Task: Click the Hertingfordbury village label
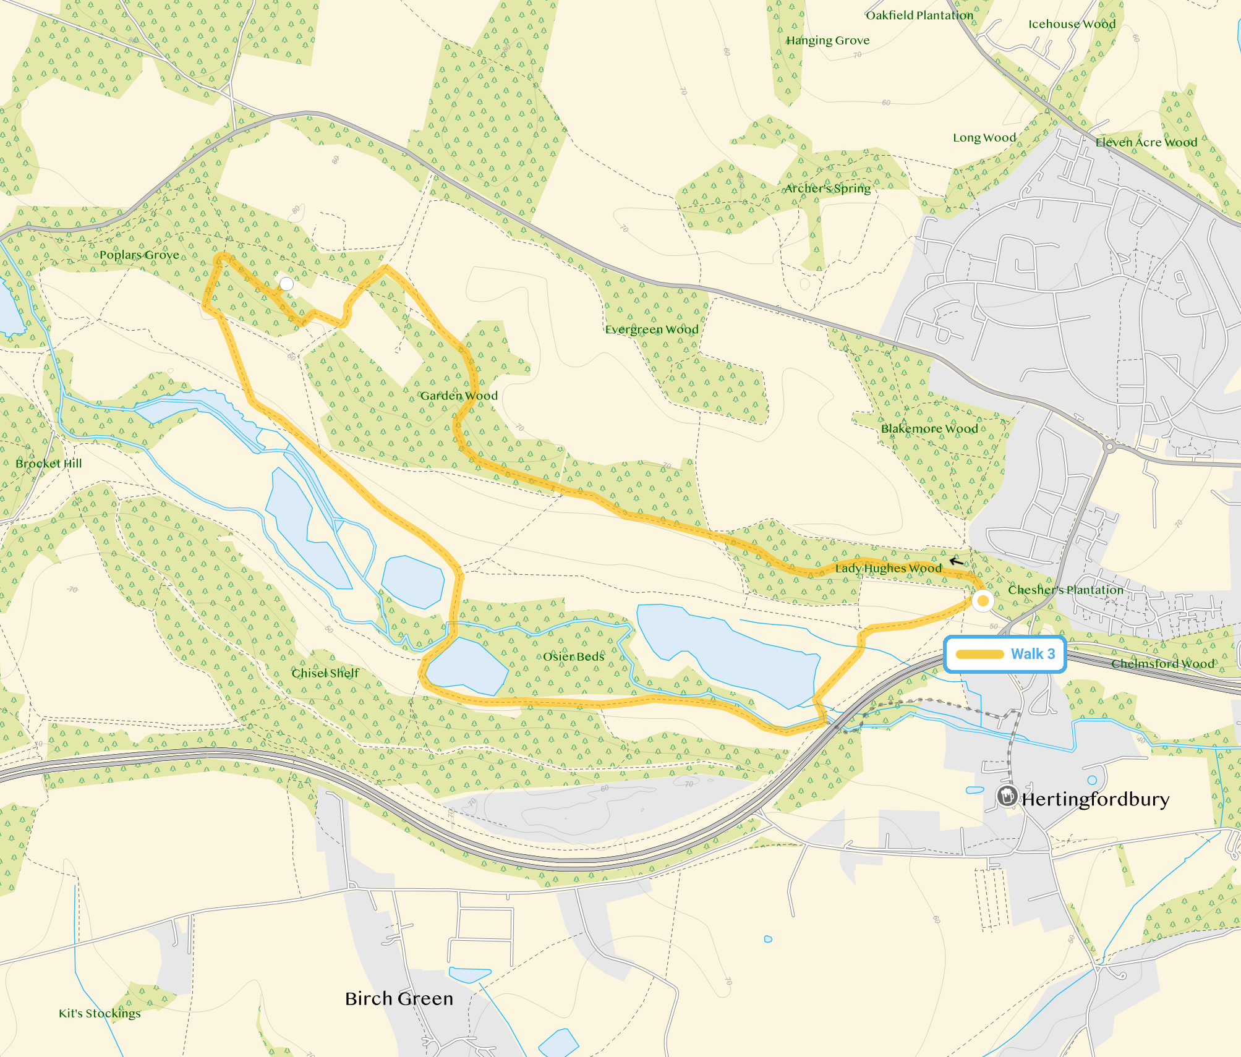pos(1095,799)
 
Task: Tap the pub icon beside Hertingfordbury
pos(1007,796)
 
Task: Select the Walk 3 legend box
pos(1005,654)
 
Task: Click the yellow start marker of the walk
pos(983,600)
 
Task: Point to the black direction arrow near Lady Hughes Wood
pos(956,561)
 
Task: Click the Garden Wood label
pos(459,396)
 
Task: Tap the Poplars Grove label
pos(139,255)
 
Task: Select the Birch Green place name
pos(399,998)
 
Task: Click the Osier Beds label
pos(573,656)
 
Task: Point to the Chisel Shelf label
pos(325,673)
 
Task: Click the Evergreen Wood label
pos(651,329)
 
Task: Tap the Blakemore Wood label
pos(929,428)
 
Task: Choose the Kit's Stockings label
pos(100,1013)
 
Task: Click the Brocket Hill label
pos(48,463)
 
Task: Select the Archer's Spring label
pos(827,188)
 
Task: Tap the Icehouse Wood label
pos(1072,24)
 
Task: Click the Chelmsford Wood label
pos(1162,663)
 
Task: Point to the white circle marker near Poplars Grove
pos(286,284)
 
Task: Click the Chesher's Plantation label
pos(1065,590)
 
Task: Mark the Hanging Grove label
pos(827,40)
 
